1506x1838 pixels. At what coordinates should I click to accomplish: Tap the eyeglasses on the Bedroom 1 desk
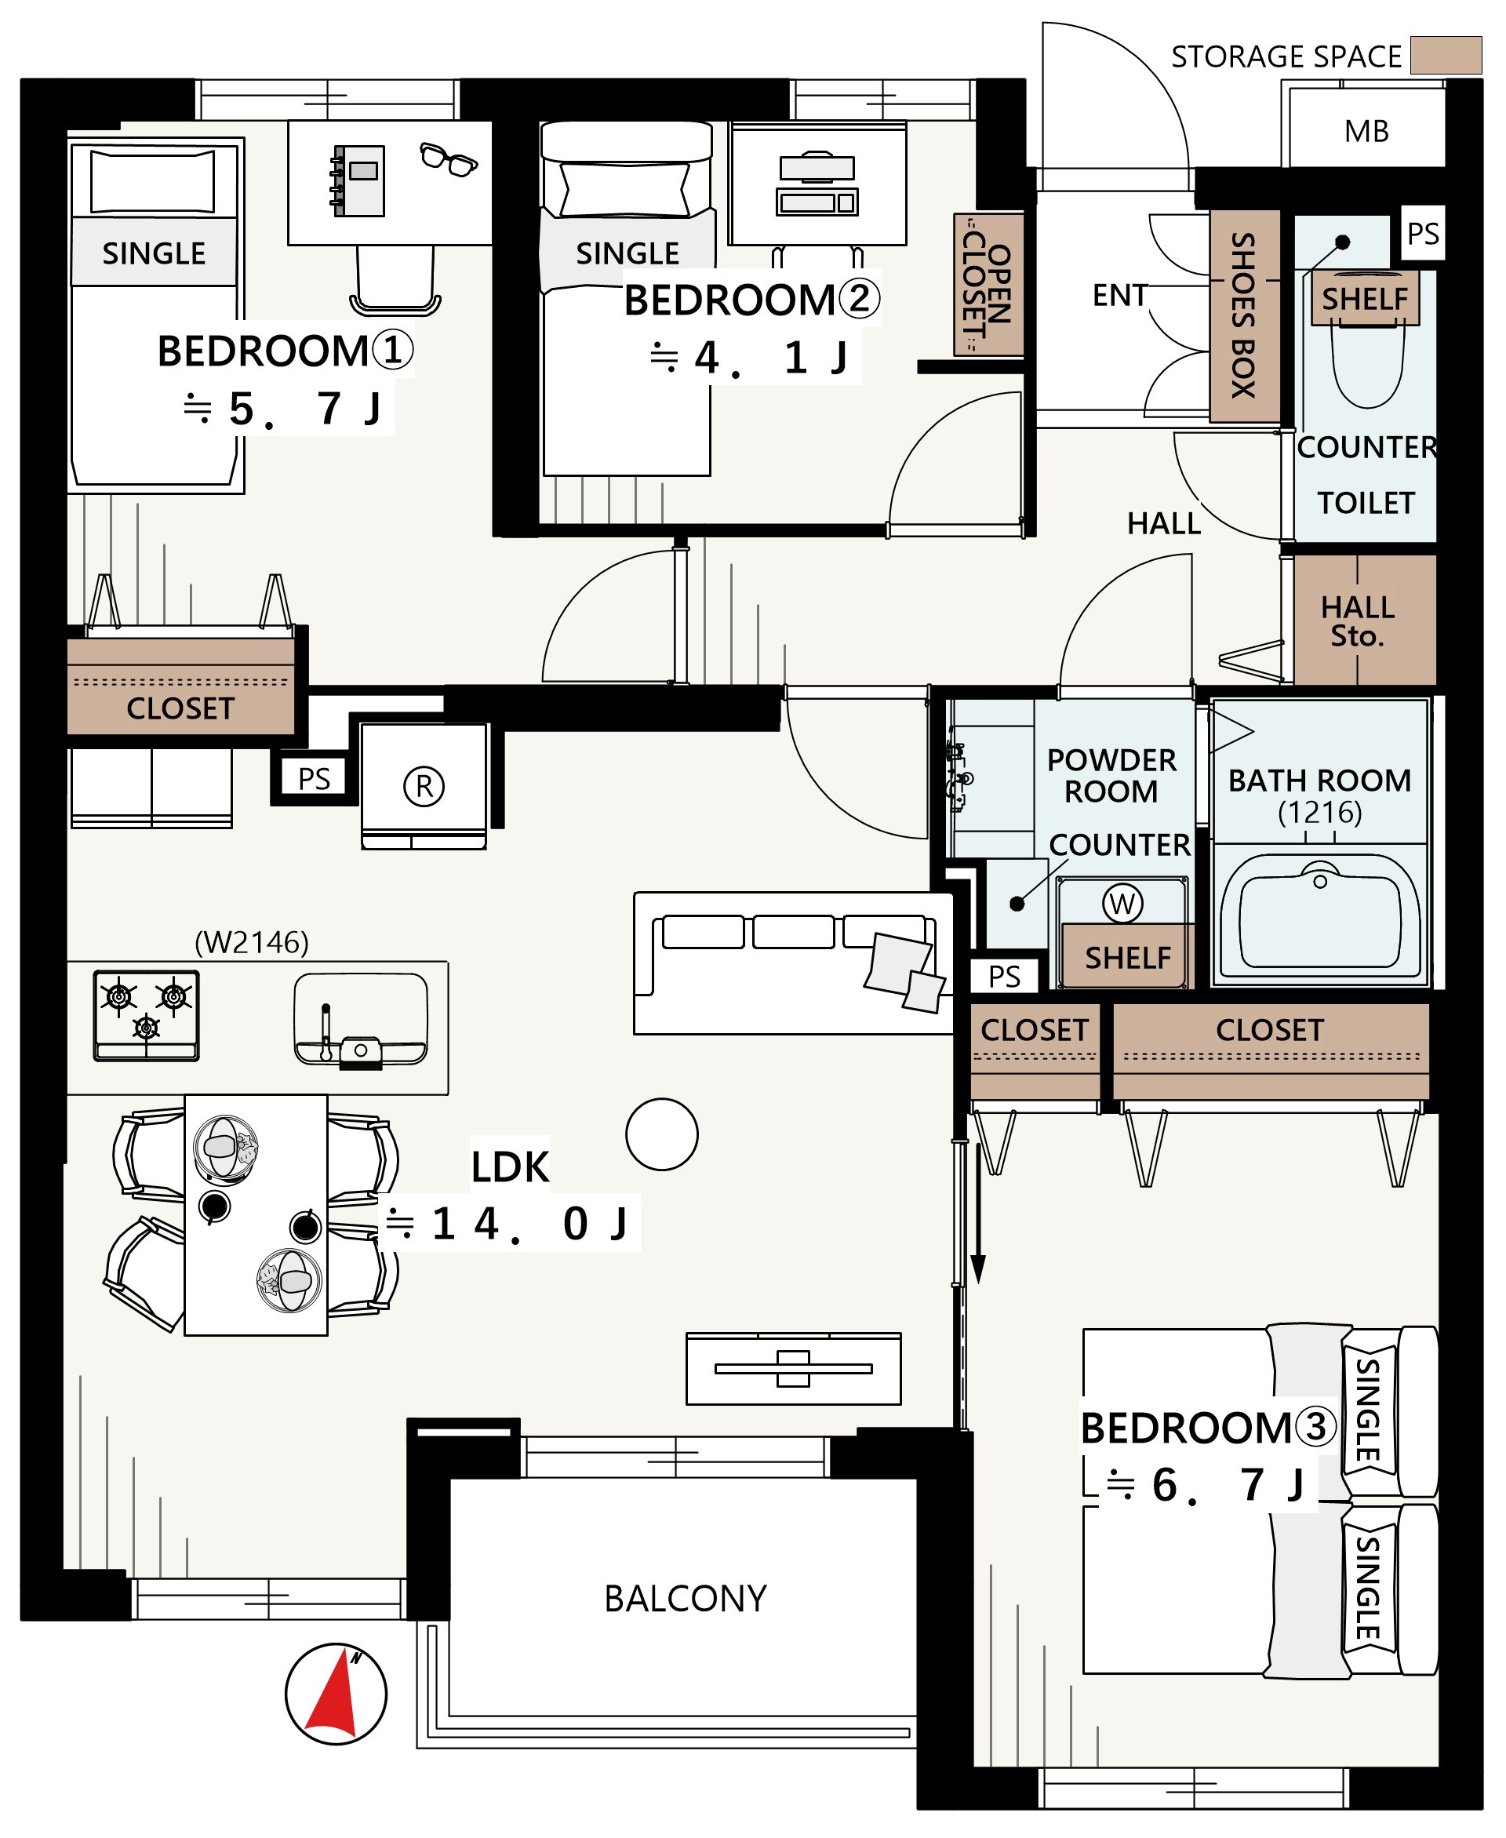tap(448, 159)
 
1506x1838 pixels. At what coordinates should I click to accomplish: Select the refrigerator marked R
tap(424, 786)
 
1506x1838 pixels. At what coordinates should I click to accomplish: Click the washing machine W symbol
tap(1122, 903)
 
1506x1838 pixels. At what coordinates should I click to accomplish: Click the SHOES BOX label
tap(1243, 315)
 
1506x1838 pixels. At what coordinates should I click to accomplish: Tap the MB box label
tap(1366, 131)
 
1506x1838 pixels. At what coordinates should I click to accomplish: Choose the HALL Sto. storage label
tap(1358, 621)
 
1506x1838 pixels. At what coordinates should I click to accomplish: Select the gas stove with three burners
tap(147, 1016)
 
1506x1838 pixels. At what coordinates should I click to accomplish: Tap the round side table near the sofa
tap(662, 1134)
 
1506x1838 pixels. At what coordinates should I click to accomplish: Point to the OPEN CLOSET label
tap(988, 285)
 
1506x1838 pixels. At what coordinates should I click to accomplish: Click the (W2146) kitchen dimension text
tap(252, 942)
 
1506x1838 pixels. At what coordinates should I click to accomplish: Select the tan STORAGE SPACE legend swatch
tap(1446, 55)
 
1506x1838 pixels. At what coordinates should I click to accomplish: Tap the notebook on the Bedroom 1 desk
tap(358, 180)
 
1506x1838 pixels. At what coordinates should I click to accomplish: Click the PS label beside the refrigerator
tap(314, 778)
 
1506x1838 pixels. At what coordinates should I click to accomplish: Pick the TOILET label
tap(1366, 503)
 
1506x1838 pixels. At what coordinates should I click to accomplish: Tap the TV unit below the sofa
tap(794, 1369)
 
